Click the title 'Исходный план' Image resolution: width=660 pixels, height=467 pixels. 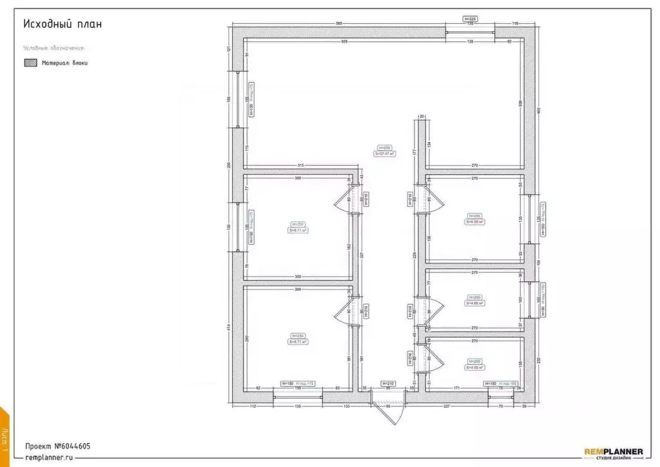click(63, 24)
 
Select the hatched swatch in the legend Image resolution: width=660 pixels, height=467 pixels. click(30, 63)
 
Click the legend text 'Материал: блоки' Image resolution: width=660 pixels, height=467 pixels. click(64, 63)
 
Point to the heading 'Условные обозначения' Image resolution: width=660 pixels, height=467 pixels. click(54, 48)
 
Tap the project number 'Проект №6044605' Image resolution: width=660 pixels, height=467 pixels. click(57, 446)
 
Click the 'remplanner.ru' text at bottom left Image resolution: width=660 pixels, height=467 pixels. click(49, 457)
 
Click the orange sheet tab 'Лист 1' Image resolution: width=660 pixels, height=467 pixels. click(5, 439)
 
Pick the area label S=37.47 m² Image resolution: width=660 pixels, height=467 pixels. click(385, 154)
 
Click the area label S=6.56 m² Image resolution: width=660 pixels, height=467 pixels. click(474, 221)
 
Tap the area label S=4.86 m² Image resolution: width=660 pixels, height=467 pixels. click(474, 302)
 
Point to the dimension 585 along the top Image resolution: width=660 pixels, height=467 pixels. click(338, 25)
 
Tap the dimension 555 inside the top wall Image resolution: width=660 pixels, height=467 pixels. click(344, 42)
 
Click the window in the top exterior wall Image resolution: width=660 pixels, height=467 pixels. click(470, 33)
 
